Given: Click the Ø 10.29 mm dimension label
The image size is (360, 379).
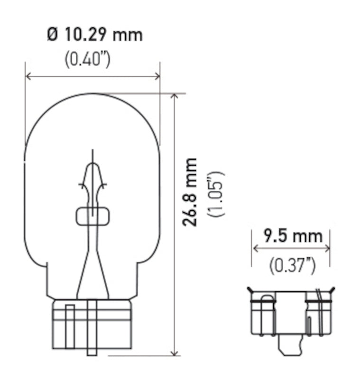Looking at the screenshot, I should pyautogui.click(x=94, y=36).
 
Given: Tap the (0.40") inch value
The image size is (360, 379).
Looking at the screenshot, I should pyautogui.click(x=87, y=59).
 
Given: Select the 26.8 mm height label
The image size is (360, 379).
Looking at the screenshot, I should pyautogui.click(x=191, y=192).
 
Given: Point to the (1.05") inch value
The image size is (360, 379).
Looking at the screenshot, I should pyautogui.click(x=216, y=193).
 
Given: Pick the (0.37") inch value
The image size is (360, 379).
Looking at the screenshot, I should pyautogui.click(x=292, y=266).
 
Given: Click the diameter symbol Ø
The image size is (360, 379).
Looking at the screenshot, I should pyautogui.click(x=53, y=36).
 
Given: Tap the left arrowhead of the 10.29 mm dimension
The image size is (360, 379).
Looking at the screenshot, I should pyautogui.click(x=28, y=76).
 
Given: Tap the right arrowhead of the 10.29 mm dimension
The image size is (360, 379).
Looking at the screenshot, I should pyautogui.click(x=157, y=76).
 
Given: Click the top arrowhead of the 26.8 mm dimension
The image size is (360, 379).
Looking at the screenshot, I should pyautogui.click(x=175, y=97).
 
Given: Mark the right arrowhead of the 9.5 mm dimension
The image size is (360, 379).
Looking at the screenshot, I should pyautogui.click(x=327, y=248).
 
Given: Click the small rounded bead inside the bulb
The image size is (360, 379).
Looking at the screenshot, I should pyautogui.click(x=93, y=216).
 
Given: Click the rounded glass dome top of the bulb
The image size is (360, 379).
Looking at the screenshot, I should pyautogui.click(x=92, y=109).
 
